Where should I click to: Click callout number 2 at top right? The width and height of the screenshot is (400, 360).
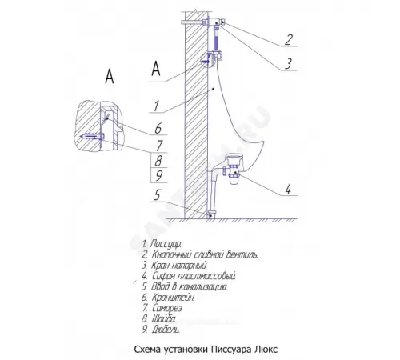click(288, 39)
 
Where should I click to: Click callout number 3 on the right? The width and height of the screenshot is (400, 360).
click(288, 64)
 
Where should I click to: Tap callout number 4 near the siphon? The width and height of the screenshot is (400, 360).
click(288, 189)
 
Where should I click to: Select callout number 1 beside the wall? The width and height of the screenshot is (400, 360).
click(156, 106)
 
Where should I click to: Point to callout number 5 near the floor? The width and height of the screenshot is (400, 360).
click(158, 194)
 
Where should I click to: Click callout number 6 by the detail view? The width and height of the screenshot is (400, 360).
click(158, 128)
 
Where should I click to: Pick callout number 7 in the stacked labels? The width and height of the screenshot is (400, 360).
click(159, 146)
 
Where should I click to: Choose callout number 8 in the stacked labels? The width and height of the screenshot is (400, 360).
click(158, 161)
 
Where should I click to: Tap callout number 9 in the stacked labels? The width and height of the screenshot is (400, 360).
click(158, 176)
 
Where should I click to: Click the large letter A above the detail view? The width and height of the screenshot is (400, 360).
click(110, 76)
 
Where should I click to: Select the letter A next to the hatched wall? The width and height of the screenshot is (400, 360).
click(156, 68)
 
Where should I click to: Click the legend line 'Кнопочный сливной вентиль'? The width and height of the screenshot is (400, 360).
click(200, 254)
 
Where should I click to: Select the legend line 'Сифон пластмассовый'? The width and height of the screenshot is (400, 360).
click(189, 276)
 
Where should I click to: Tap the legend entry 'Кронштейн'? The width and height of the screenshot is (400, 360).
click(168, 298)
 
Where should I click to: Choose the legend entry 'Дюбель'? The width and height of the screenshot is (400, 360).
click(161, 330)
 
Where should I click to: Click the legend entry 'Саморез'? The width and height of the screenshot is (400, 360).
click(162, 308)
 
